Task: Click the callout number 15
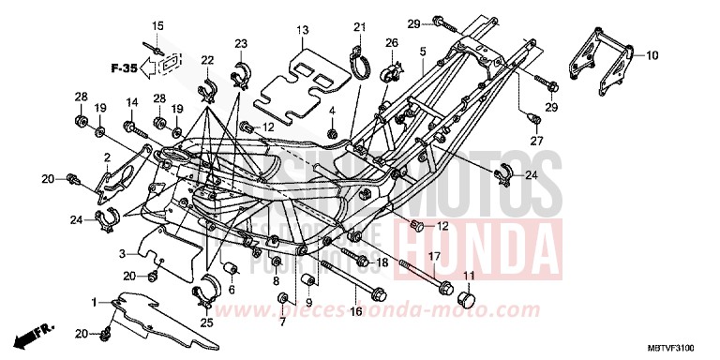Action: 157,25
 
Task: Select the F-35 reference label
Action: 124,67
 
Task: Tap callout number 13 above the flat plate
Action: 302,31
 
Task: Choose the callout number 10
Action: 650,55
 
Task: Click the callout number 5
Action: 424,52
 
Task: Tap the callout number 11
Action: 469,276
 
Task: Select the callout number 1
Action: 94,302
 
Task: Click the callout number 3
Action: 121,254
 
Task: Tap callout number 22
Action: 207,61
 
